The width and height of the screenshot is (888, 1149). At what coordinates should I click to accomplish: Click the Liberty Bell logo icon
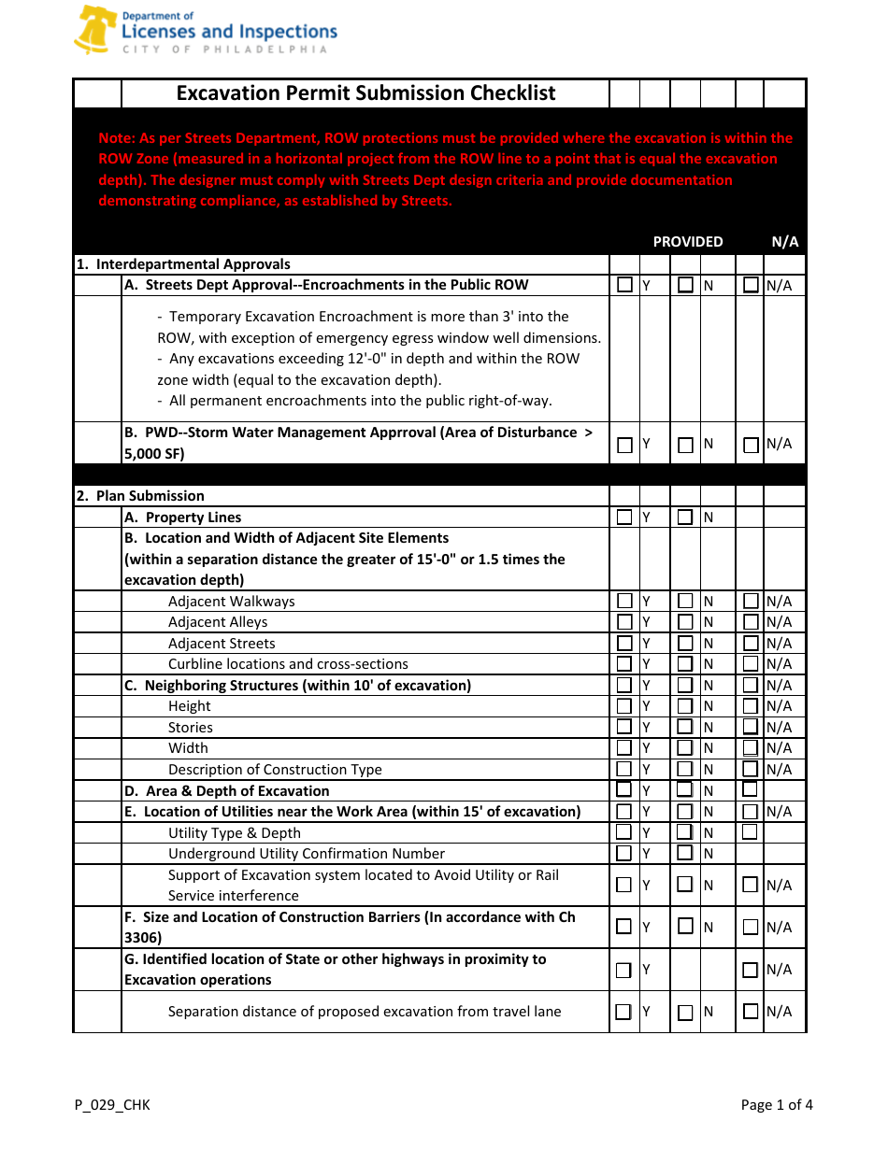[x=93, y=30]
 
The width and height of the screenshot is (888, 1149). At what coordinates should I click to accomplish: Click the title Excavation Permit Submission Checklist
[x=365, y=93]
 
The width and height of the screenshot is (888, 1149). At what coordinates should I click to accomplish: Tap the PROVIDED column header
[x=687, y=242]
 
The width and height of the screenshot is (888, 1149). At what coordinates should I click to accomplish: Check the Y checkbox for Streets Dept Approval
[x=624, y=285]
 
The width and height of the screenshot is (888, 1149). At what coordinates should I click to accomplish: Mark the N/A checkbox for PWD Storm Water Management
[x=751, y=446]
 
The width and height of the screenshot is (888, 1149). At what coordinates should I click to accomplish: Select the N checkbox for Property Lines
[x=685, y=518]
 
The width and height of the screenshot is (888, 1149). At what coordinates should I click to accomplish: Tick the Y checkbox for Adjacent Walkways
[x=624, y=602]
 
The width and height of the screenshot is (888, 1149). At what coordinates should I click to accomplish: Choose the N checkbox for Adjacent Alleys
[x=685, y=622]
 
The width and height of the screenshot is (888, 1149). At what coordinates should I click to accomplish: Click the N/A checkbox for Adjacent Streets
[x=751, y=644]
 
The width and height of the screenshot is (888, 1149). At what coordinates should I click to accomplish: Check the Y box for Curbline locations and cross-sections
[x=624, y=664]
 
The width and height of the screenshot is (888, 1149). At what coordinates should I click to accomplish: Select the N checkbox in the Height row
[x=685, y=706]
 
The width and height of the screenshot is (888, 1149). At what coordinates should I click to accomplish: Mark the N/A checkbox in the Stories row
[x=751, y=727]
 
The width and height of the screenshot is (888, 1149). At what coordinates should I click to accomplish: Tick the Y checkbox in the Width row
[x=624, y=748]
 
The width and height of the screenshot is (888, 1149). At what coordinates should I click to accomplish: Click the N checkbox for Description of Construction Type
[x=685, y=770]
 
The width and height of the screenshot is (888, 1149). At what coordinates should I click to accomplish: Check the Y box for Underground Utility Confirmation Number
[x=624, y=853]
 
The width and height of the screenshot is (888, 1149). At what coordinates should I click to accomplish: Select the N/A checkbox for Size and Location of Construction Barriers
[x=751, y=928]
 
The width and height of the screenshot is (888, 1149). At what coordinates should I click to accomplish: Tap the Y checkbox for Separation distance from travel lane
[x=623, y=1012]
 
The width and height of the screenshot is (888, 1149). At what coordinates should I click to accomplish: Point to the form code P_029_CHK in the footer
[x=112, y=1105]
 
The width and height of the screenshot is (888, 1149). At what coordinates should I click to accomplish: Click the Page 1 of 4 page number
[x=776, y=1105]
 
